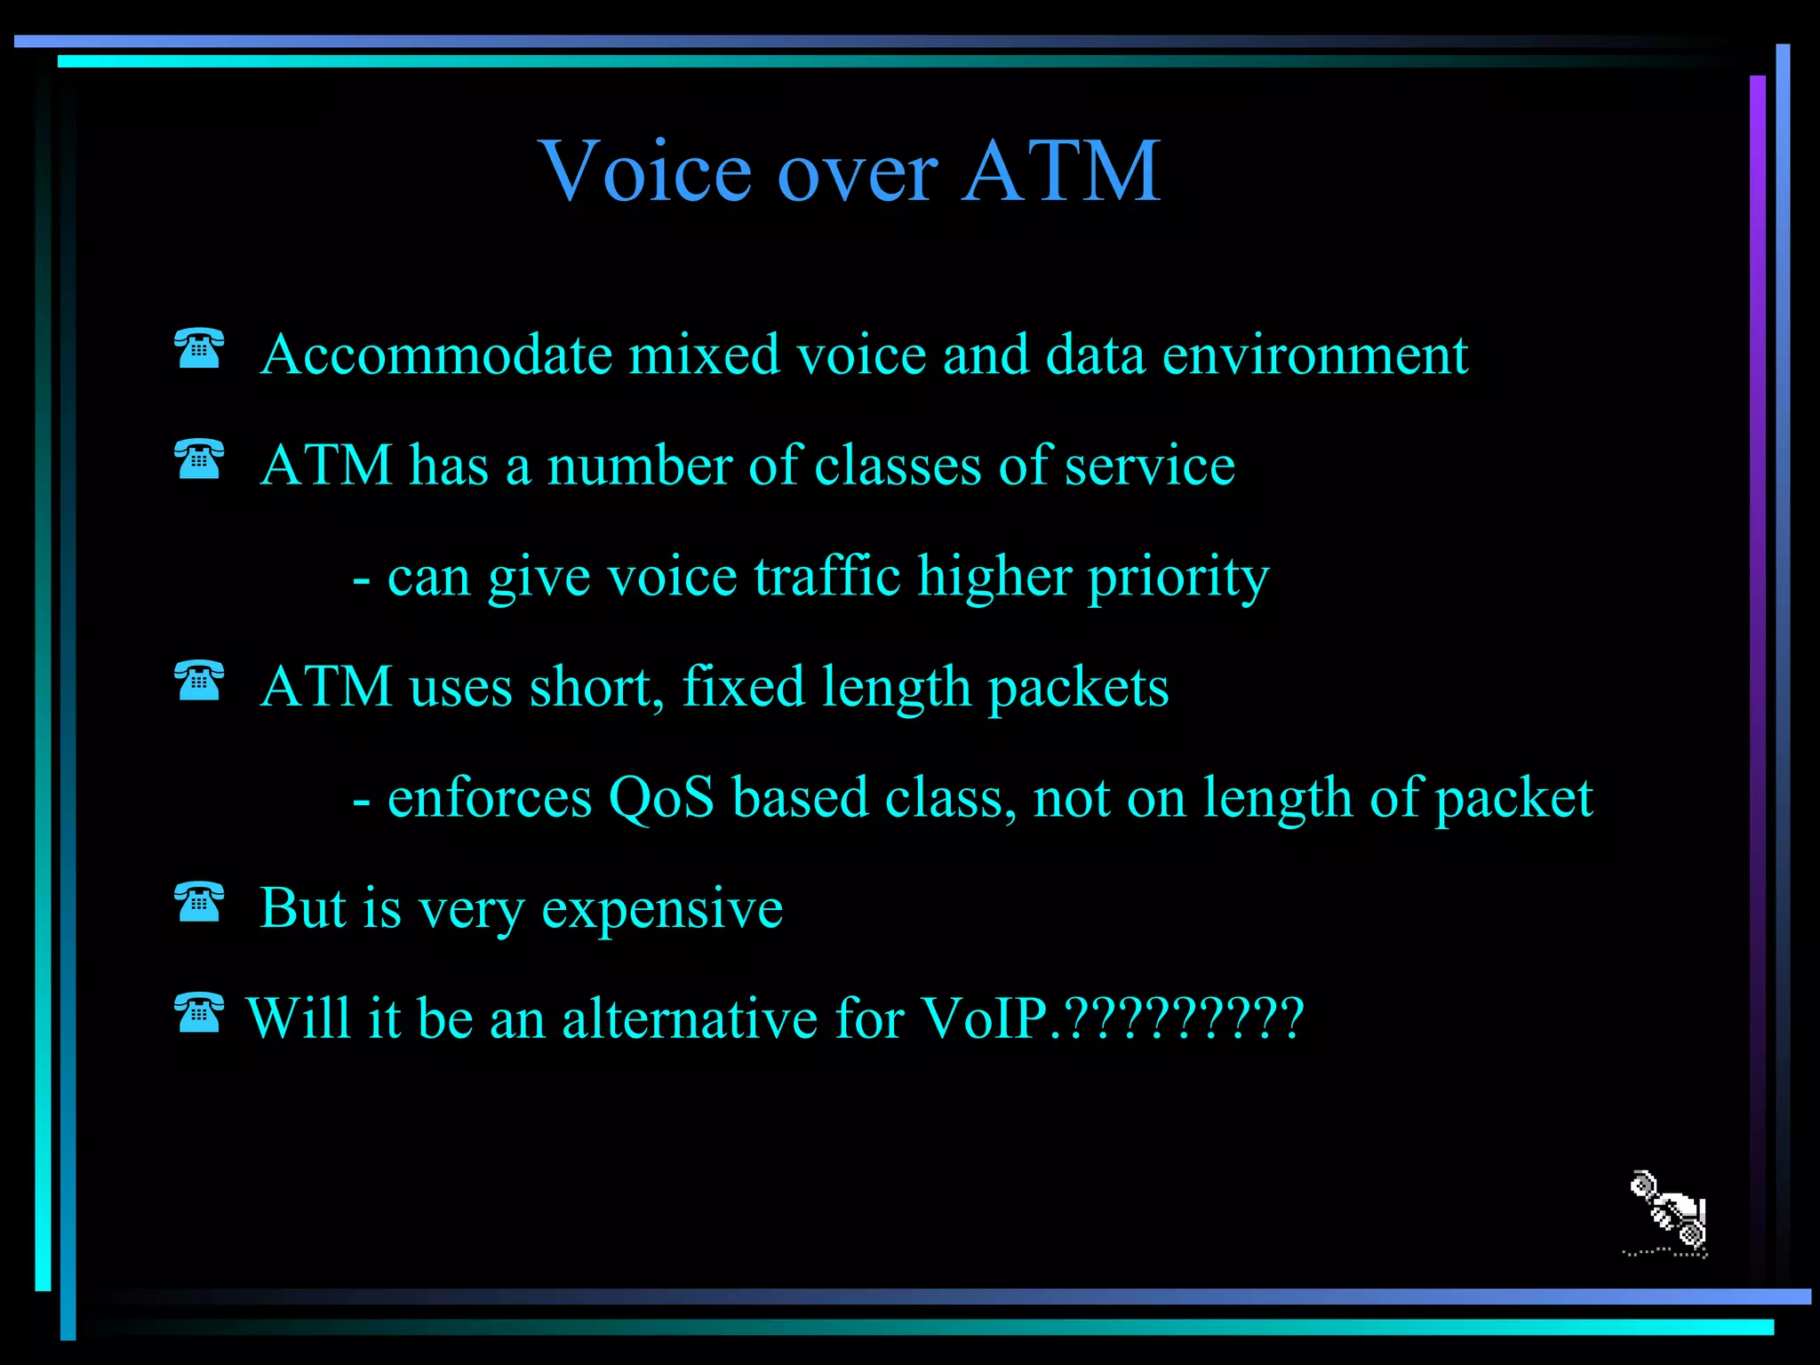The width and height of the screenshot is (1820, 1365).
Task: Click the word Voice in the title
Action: pos(649,172)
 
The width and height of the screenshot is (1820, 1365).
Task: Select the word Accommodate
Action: pos(436,355)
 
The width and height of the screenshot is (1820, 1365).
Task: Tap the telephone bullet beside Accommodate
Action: pos(199,348)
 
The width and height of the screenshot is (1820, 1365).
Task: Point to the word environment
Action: pos(1314,355)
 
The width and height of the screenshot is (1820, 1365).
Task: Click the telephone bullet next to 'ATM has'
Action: pos(199,459)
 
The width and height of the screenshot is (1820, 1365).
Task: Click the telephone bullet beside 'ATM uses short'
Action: pos(199,681)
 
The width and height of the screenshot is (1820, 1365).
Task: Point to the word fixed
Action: pos(743,687)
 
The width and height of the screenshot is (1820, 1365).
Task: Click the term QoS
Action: pos(661,798)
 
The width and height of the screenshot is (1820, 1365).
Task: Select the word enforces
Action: pos(490,798)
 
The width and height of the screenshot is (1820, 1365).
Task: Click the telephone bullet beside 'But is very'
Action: pos(199,902)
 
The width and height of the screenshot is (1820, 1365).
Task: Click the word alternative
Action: pos(690,1018)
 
